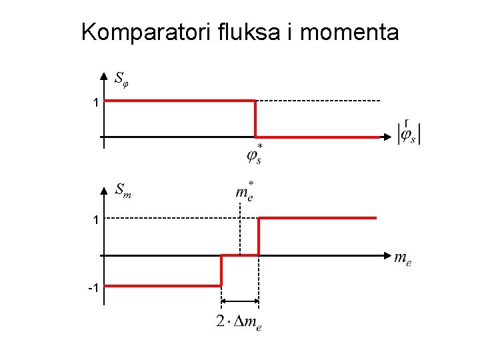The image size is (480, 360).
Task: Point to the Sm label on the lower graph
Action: click(123, 191)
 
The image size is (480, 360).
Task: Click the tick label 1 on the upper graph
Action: click(96, 103)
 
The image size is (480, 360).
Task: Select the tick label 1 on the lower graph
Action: click(96, 219)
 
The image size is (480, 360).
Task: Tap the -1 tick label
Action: click(94, 287)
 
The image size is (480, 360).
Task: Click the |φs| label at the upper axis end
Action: click(409, 133)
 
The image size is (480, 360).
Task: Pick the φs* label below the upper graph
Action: click(255, 154)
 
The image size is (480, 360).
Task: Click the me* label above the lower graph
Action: click(245, 191)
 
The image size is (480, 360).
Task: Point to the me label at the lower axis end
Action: click(403, 257)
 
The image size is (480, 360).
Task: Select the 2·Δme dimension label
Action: click(239, 323)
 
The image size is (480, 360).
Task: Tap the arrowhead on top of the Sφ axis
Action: click(103, 75)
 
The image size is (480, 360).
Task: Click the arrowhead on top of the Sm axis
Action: click(103, 191)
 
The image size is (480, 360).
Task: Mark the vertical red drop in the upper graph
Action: click(255, 119)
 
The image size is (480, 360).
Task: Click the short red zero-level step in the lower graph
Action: click(239, 255)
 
